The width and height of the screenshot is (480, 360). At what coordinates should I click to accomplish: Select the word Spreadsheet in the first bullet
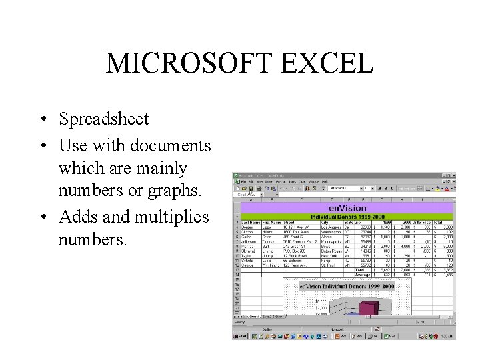pyautogui.click(x=103, y=119)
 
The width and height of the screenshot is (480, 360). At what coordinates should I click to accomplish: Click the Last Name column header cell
pyautogui.click(x=251, y=223)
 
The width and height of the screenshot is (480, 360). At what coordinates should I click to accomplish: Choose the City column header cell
pyautogui.click(x=332, y=223)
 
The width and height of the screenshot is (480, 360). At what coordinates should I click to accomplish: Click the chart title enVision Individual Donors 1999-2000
pyautogui.click(x=347, y=287)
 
